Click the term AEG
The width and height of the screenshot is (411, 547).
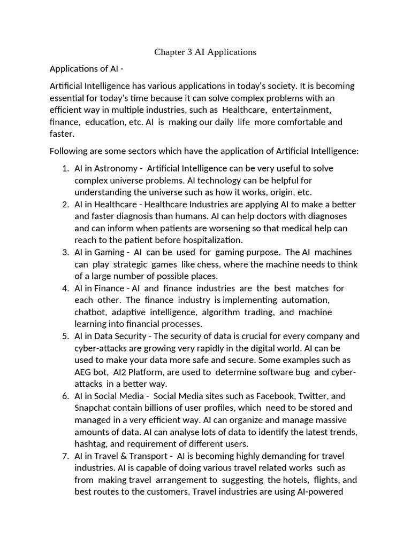83,372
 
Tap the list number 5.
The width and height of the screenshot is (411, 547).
65,336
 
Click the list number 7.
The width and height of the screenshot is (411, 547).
65,456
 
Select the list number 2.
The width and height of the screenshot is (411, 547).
65,205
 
